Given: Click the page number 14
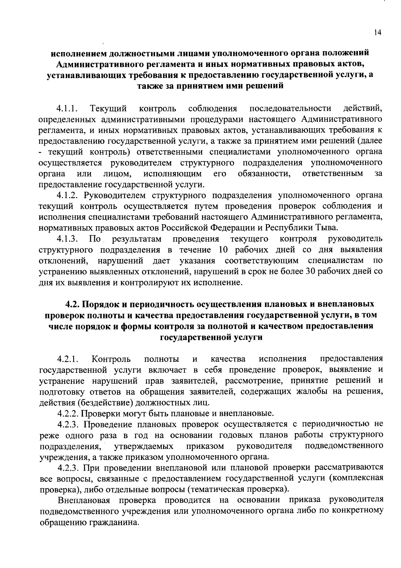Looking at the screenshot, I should pos(377,32).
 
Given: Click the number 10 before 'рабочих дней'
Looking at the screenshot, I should pos(224,250).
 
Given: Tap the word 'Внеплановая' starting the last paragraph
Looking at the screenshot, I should pos(84,500).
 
